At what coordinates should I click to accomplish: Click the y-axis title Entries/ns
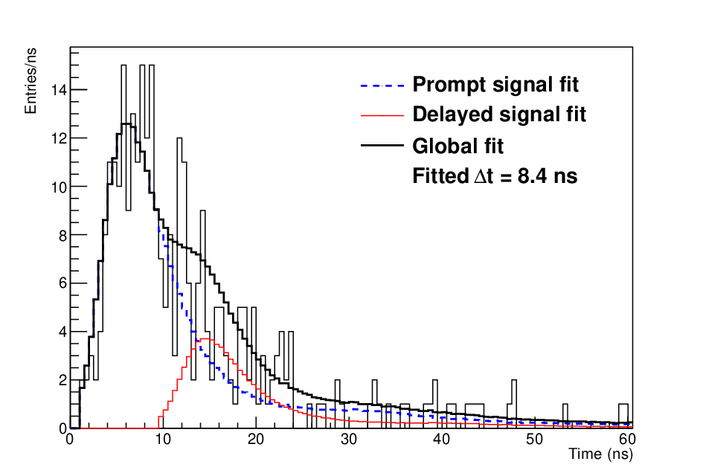point(30,81)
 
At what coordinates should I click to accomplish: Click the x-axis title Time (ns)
point(601,454)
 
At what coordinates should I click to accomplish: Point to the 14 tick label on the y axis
point(59,90)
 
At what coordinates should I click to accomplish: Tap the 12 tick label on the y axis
point(59,138)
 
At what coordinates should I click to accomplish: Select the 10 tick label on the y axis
point(59,187)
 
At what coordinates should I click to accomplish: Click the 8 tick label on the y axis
point(62,235)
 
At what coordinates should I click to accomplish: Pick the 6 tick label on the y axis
point(62,283)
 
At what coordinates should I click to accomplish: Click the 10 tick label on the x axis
point(163,439)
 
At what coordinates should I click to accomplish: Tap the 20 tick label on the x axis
point(256,439)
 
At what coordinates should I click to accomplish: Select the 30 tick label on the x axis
point(349,439)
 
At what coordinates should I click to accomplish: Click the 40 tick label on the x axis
point(442,439)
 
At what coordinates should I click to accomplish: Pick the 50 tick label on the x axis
point(534,439)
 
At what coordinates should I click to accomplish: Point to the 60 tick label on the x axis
point(627,439)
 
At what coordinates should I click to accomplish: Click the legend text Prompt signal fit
point(495,86)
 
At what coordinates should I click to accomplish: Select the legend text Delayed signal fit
point(499,115)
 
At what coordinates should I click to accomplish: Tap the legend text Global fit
point(458,146)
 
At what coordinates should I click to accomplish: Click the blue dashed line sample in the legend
point(382,86)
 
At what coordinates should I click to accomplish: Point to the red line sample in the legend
point(382,115)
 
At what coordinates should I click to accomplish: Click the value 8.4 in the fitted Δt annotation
point(533,176)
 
